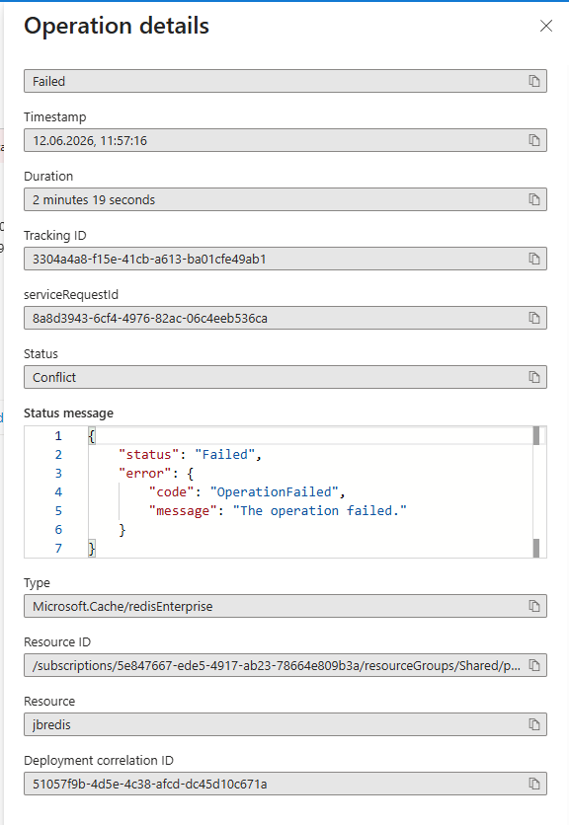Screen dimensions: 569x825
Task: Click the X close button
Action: click(546, 26)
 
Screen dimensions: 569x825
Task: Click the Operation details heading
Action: click(117, 26)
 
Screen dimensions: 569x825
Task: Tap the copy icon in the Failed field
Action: click(534, 81)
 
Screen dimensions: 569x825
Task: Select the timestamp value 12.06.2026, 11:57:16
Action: click(90, 141)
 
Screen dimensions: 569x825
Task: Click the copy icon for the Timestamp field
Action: click(534, 140)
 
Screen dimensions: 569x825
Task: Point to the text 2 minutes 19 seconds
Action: click(94, 200)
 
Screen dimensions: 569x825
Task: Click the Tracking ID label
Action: click(54, 236)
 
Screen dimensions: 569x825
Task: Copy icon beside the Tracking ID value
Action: click(534, 259)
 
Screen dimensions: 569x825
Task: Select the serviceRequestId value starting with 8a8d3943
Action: click(149, 319)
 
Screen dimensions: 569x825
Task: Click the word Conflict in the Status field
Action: click(54, 378)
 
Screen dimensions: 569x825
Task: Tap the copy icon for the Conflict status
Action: click(534, 377)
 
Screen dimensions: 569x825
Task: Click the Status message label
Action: click(68, 413)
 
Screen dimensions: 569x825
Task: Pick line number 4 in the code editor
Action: click(58, 492)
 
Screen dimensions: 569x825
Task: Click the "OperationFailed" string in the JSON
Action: click(275, 492)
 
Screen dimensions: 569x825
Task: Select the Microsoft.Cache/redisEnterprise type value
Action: click(122, 607)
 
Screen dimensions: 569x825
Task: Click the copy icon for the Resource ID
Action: click(534, 665)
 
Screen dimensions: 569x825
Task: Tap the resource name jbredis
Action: click(51, 725)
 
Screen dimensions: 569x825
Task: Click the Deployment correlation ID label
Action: click(99, 761)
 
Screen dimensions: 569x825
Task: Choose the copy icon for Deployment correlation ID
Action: click(534, 784)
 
